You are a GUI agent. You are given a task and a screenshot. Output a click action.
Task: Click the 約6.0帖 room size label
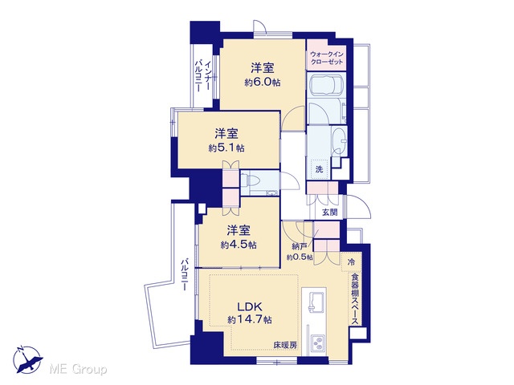(x=263, y=82)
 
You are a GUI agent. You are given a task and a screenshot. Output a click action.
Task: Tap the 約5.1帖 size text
(x=226, y=148)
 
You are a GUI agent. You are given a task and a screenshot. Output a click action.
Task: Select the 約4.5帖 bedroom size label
(x=239, y=245)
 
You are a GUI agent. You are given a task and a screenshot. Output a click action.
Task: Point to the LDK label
(x=250, y=306)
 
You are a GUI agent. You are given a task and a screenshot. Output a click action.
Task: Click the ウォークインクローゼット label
(x=327, y=58)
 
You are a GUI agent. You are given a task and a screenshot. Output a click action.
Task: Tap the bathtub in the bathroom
(x=327, y=83)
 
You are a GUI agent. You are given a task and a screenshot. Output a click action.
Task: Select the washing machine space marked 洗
(x=319, y=169)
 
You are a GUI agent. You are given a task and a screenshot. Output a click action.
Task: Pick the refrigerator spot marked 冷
(x=351, y=262)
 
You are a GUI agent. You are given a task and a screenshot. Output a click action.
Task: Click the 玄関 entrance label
(x=329, y=212)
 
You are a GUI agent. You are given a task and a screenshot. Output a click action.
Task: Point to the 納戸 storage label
(x=299, y=246)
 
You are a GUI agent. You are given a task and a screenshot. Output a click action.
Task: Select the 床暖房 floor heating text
(x=285, y=345)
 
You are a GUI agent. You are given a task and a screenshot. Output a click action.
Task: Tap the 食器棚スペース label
(x=355, y=299)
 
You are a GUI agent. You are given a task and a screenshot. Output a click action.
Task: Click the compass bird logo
(x=27, y=359)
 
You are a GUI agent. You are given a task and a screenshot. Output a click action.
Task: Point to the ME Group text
(x=78, y=370)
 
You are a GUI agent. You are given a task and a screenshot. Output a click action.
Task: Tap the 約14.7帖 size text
(x=250, y=319)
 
